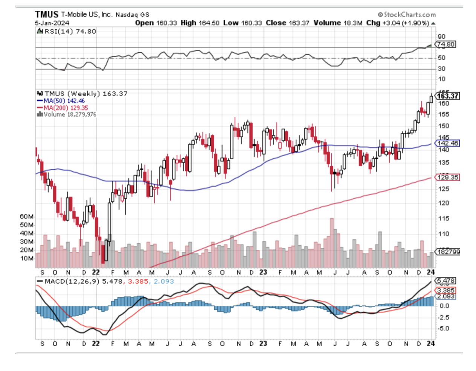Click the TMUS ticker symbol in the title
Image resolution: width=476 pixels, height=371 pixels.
[47, 14]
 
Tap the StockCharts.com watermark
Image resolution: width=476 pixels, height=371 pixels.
[407, 15]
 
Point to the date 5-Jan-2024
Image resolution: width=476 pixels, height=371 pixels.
[52, 23]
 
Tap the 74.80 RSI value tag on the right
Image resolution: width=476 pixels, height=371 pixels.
[445, 44]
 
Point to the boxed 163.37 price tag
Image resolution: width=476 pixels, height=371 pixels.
[447, 96]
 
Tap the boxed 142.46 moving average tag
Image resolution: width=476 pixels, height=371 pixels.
[447, 143]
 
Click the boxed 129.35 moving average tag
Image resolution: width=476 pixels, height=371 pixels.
[447, 177]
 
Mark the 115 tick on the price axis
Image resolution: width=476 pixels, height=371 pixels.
[444, 219]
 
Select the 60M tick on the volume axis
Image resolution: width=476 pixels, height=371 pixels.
[27, 217]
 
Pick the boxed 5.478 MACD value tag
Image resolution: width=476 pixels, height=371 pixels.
[446, 281]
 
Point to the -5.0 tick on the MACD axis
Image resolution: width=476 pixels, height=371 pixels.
[443, 328]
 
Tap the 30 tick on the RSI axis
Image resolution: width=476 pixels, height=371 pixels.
[441, 69]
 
